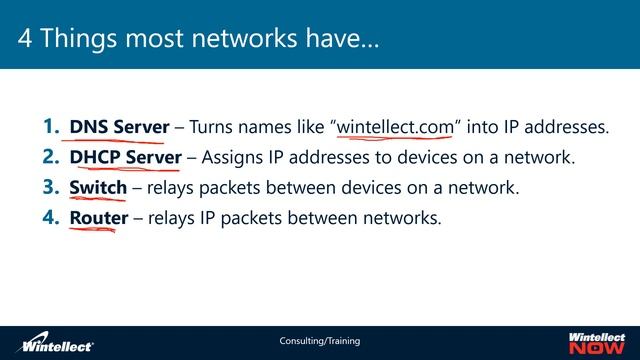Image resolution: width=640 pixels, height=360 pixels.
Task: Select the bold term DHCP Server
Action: [x=126, y=157]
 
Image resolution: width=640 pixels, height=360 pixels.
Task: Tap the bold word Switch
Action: [x=98, y=187]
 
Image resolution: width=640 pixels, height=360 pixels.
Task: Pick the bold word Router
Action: [x=98, y=217]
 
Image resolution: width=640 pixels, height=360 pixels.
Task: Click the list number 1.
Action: [x=51, y=127]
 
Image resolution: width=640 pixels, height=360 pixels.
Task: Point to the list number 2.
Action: [x=51, y=157]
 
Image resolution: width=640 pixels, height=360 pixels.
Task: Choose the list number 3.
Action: [x=51, y=187]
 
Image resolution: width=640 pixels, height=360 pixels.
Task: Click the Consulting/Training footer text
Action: [x=320, y=341]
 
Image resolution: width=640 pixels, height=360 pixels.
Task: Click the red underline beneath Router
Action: [x=92, y=230]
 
